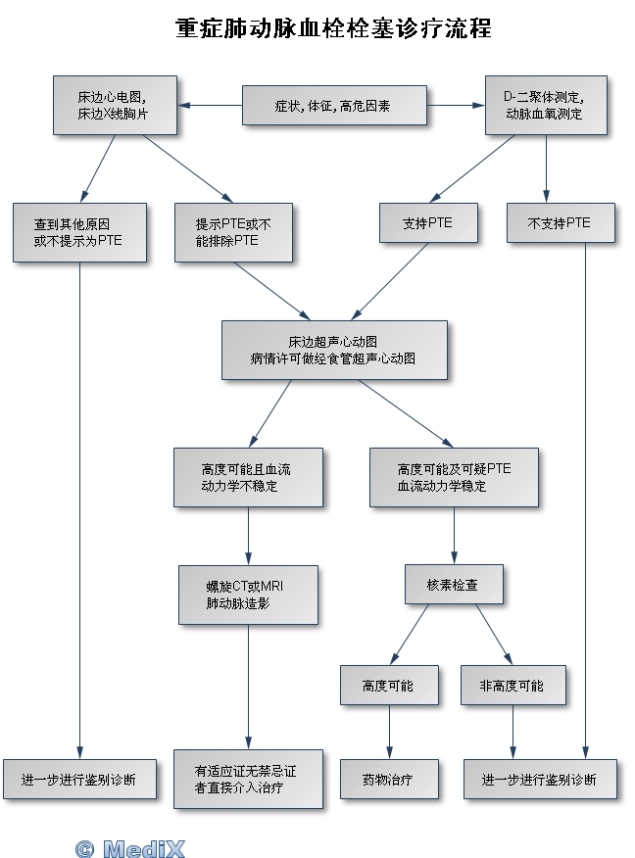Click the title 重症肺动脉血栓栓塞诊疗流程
[332, 28]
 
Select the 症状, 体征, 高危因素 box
[334, 105]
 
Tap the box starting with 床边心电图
[116, 105]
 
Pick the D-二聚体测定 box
[545, 105]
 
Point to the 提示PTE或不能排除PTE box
[232, 231]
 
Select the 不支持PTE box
[560, 222]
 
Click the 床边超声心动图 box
[333, 350]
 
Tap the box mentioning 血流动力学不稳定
[247, 477]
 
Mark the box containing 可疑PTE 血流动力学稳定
[453, 477]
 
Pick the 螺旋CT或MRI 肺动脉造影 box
[247, 594]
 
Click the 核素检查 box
[453, 584]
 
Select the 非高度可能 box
[512, 685]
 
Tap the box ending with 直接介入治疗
[247, 779]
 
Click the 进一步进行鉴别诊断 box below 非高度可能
[539, 780]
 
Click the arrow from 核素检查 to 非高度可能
[494, 634]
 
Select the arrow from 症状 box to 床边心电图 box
[211, 105]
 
